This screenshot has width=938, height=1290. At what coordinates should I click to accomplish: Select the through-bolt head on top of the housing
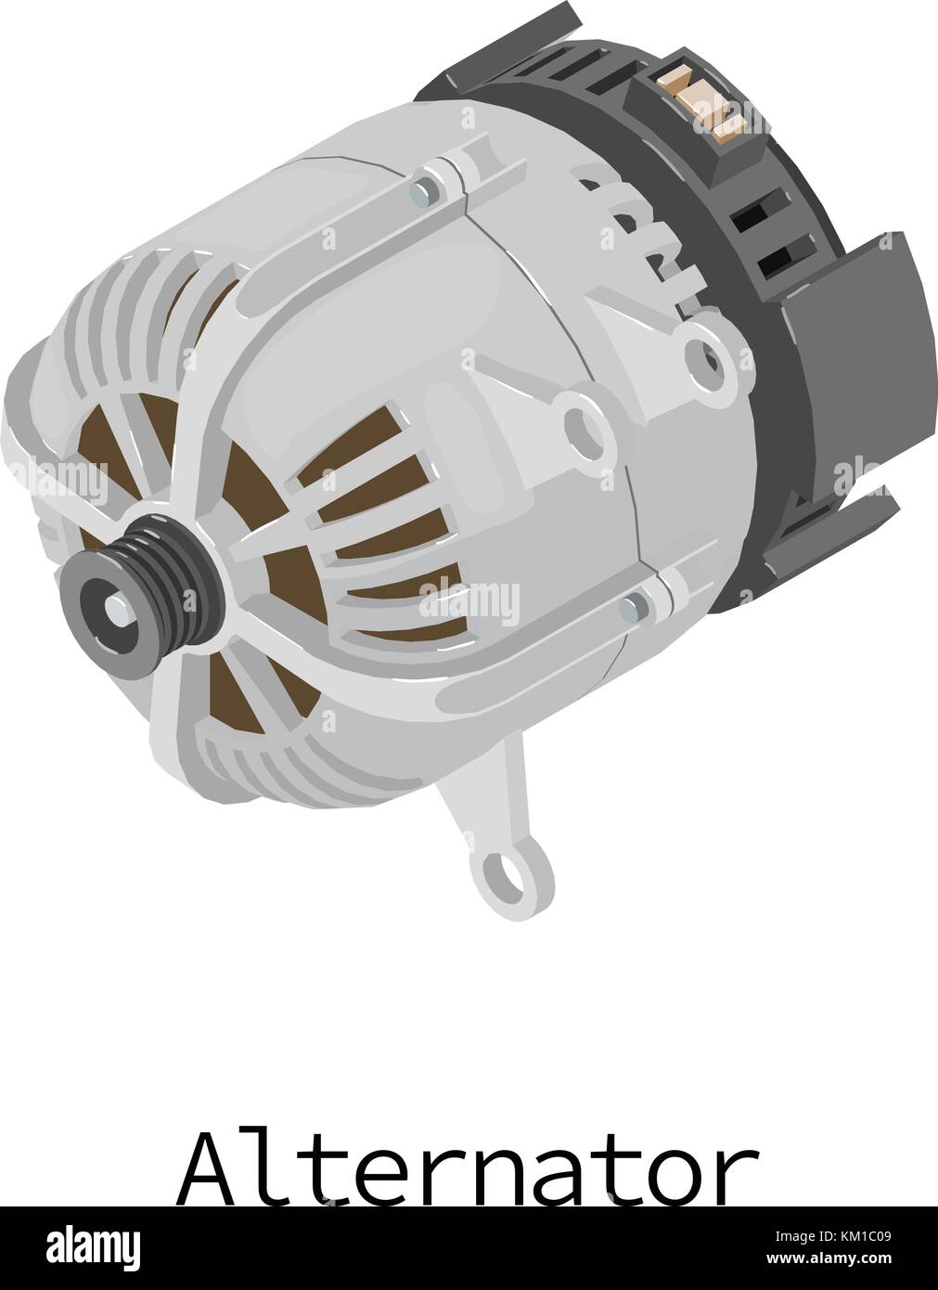426,191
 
